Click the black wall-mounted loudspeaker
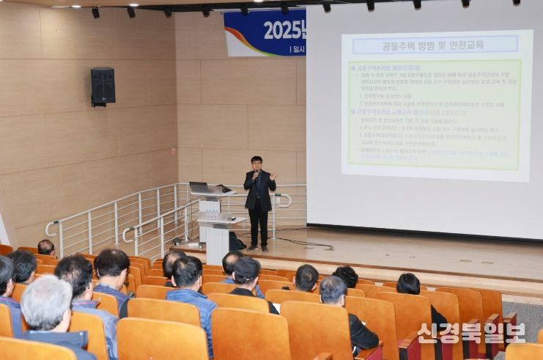[103, 86]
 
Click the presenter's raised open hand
[273, 177]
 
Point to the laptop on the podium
[199, 188]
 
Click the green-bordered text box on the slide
[435, 114]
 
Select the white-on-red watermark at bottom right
[471, 333]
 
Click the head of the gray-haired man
[46, 301]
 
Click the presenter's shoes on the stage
[257, 248]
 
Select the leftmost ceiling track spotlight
[95, 12]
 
